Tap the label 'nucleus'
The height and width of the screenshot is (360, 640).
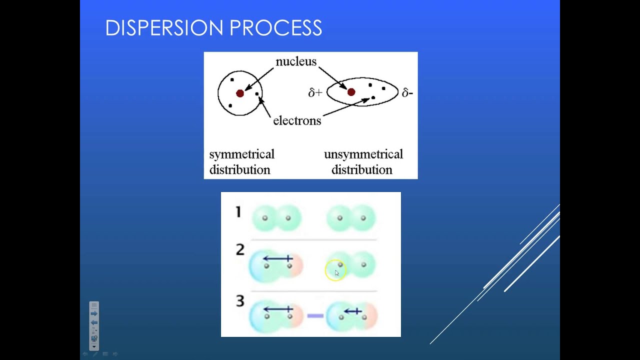[x=296, y=61]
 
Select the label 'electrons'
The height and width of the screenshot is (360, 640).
[x=297, y=120]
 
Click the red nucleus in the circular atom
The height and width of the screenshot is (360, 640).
[x=240, y=93]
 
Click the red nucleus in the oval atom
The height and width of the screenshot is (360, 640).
[x=351, y=92]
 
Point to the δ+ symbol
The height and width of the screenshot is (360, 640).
[x=315, y=92]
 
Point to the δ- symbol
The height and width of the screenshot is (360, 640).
[x=407, y=92]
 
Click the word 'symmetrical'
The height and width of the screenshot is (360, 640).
[x=241, y=154]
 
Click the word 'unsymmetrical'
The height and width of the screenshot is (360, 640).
[x=363, y=154]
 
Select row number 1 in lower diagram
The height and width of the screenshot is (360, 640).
[x=238, y=212]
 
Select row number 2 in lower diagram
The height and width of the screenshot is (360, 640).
[x=240, y=249]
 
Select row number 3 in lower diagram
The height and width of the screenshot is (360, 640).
[x=240, y=301]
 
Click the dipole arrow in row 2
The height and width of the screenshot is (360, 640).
[x=277, y=258]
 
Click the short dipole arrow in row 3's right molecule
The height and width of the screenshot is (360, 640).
[x=352, y=311]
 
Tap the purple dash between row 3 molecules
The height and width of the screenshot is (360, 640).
[x=315, y=315]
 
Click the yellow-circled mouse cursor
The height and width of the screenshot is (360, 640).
[x=335, y=272]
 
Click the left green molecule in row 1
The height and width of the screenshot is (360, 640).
[x=276, y=218]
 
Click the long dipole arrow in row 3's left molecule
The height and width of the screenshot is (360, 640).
[x=277, y=309]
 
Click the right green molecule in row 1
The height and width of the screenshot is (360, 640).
[x=351, y=218]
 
